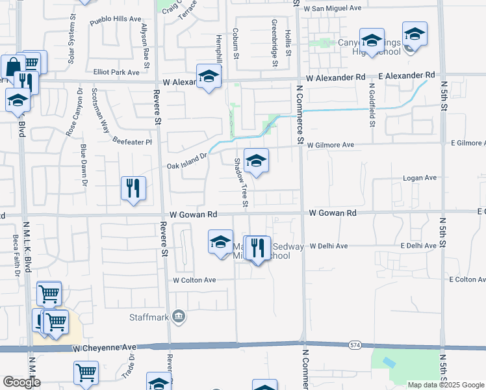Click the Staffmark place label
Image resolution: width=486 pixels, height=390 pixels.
(147, 318)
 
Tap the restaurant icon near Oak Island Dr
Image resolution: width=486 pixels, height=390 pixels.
(133, 189)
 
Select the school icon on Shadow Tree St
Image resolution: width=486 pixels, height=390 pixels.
(256, 162)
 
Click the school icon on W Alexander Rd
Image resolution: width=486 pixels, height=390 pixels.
(209, 77)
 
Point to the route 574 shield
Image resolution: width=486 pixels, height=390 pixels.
(354, 344)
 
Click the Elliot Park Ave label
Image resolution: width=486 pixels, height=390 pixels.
(116, 73)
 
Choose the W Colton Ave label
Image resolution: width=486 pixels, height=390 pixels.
(193, 280)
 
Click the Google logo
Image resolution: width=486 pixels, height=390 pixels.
(21, 382)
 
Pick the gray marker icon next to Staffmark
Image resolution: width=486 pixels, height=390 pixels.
(179, 318)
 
